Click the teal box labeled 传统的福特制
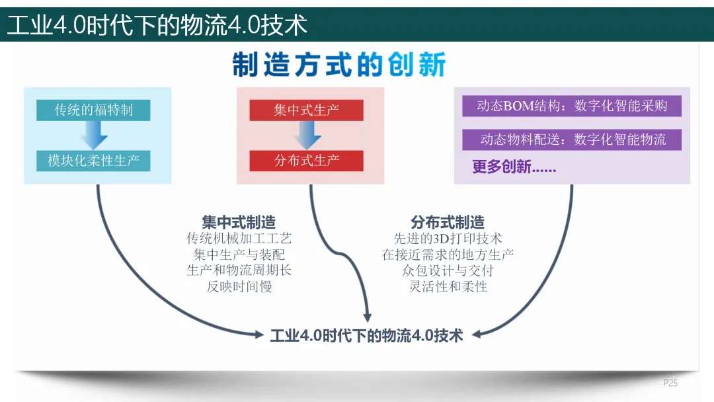93,110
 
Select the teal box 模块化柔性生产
93,161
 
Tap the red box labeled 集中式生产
306,110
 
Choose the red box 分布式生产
306,161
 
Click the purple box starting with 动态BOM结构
571,106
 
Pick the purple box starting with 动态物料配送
571,140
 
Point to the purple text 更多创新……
514,167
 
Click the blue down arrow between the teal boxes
93,136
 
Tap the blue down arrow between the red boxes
307,136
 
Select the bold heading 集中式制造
239,222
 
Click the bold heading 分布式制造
448,222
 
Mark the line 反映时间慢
239,286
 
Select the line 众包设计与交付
448,270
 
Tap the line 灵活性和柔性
448,286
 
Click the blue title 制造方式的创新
339,65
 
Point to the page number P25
670,383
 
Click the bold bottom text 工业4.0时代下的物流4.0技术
367,335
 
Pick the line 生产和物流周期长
239,270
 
